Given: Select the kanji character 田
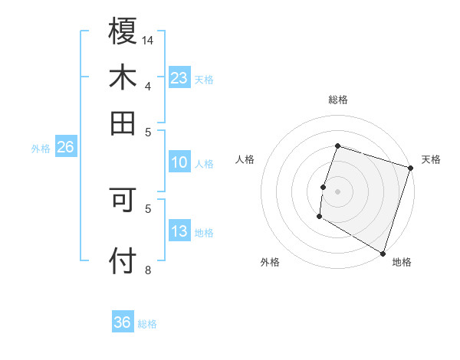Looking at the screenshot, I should (123, 123).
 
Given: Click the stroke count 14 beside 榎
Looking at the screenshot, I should (148, 39).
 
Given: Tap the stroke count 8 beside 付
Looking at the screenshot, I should (148, 270).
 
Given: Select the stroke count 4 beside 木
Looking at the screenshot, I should (148, 86).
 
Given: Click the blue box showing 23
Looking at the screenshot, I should (179, 77).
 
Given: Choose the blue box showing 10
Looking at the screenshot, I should (179, 162).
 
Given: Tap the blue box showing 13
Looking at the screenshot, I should (179, 231).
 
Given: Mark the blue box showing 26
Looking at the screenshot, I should (65, 147).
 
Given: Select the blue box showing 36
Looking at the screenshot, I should (123, 322).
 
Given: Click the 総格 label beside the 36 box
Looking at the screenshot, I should (147, 324).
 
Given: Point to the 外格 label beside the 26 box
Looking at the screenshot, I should (41, 149).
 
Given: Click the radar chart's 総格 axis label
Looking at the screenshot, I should (337, 100).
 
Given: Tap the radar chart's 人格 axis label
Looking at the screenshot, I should (245, 159).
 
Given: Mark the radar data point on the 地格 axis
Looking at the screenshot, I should (383, 252).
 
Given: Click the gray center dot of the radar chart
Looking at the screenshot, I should (337, 191).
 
